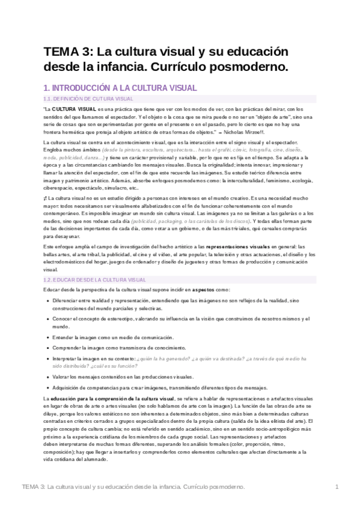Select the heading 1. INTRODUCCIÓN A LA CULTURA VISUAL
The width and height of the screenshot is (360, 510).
pyautogui.click(x=111, y=87)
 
